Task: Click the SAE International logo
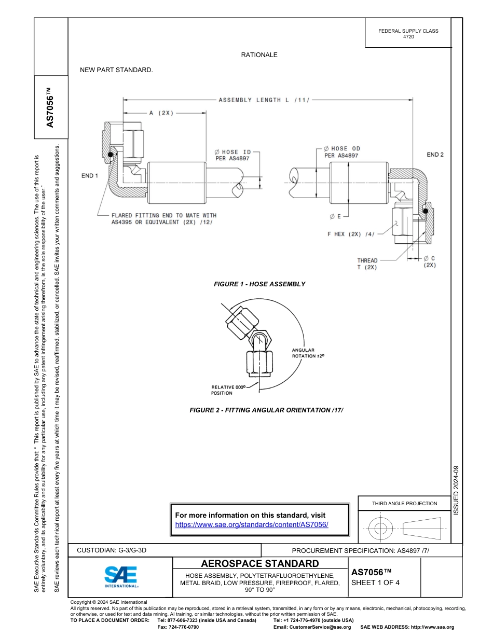pyautogui.click(x=121, y=576)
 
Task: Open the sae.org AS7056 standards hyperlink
pyautogui.click(x=252, y=524)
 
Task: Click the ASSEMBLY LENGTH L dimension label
pyautogui.click(x=264, y=100)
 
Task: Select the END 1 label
pyautogui.click(x=90, y=176)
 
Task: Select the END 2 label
pyautogui.click(x=435, y=155)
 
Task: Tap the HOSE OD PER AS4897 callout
pyautogui.click(x=341, y=152)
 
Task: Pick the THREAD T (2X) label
pyautogui.click(x=367, y=264)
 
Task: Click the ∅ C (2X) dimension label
pyautogui.click(x=429, y=261)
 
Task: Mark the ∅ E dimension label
pyautogui.click(x=335, y=216)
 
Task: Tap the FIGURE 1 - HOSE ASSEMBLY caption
pyautogui.click(x=259, y=284)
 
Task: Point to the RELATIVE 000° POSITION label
pyautogui.click(x=227, y=390)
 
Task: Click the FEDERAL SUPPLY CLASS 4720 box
pyautogui.click(x=408, y=34)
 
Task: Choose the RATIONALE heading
pyautogui.click(x=259, y=55)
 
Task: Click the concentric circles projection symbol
pyautogui.click(x=381, y=529)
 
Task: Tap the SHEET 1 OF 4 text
pyautogui.click(x=375, y=582)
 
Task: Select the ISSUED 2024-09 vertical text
pyautogui.click(x=456, y=490)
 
